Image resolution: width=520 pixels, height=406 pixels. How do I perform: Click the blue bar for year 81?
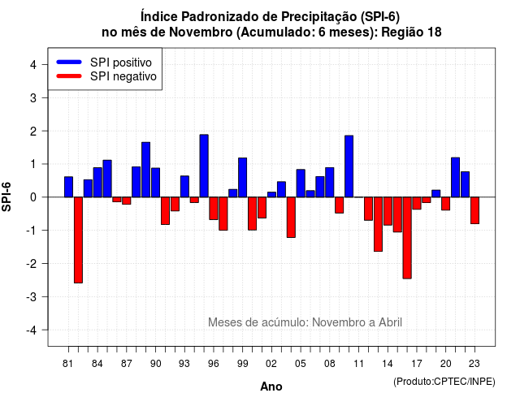tap(68, 187)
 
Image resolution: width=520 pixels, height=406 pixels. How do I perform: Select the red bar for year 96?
tap(214, 209)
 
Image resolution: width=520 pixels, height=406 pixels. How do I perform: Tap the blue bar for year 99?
tap(242, 178)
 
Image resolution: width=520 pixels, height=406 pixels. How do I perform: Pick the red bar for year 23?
tap(474, 210)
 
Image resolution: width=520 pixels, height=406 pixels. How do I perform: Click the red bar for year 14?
tap(388, 211)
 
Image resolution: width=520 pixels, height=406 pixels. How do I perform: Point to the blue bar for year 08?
tap(330, 182)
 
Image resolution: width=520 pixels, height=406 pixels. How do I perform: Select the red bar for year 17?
tap(417, 203)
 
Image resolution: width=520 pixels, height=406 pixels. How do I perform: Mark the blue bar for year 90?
tap(155, 183)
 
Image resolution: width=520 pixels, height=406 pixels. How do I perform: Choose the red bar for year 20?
tap(446, 204)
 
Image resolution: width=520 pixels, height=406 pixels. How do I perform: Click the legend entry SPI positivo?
tap(121, 63)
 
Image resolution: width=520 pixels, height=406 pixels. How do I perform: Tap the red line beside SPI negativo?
tap(69, 76)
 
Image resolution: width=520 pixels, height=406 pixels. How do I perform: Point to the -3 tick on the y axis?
tap(45, 296)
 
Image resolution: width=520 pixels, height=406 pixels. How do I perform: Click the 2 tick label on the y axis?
tap(32, 132)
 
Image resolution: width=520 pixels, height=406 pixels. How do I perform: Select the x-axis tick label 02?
tap(271, 364)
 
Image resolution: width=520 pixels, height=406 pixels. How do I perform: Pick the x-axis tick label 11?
tap(358, 364)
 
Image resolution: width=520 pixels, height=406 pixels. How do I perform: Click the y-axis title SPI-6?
tap(6, 197)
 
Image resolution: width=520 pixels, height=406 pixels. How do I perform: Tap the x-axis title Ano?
tap(271, 387)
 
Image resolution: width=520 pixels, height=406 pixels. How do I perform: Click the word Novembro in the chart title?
tap(201, 32)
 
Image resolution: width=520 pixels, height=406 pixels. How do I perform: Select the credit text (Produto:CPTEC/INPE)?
tap(444, 382)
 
